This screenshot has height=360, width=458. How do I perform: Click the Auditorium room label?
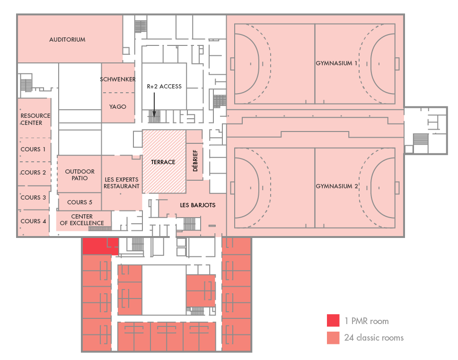(x=67, y=39)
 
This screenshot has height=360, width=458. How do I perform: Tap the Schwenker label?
(x=118, y=79)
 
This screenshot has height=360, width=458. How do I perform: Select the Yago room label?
(x=118, y=106)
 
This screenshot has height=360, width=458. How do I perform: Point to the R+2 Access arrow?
(x=154, y=105)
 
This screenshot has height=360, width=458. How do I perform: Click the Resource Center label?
(x=35, y=119)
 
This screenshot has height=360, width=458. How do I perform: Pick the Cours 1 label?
(x=33, y=149)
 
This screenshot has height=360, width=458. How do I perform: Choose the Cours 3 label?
(x=33, y=197)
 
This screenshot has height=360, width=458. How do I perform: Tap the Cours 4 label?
(x=33, y=221)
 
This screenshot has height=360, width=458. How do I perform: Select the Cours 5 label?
(x=80, y=202)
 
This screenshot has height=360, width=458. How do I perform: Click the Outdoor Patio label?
(x=80, y=175)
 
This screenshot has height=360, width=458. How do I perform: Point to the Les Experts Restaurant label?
(x=122, y=183)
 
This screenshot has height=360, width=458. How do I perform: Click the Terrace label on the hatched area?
(x=163, y=162)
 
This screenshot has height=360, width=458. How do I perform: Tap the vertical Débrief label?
(x=195, y=160)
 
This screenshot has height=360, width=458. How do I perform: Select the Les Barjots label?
(x=198, y=205)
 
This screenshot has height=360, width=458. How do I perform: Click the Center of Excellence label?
(x=82, y=220)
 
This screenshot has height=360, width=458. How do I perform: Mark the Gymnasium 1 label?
(x=336, y=63)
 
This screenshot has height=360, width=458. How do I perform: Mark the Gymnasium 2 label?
(x=337, y=186)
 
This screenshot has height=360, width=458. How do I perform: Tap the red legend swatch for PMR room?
(x=333, y=320)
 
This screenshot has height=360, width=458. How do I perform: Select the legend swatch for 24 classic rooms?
(x=333, y=338)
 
